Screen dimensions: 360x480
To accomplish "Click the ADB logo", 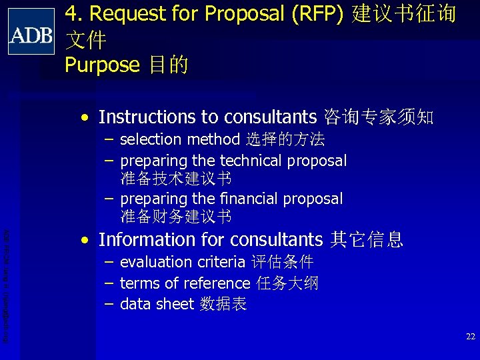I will pos(31,31).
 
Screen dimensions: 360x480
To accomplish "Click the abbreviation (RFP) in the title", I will pos(314,13).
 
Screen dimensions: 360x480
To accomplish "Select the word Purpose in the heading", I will pos(102,65).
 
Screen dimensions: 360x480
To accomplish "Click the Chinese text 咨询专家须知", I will pos(378,118).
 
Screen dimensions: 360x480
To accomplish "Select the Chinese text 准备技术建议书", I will pos(176,179).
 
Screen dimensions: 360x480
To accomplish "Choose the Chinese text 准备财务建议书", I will pos(176,217).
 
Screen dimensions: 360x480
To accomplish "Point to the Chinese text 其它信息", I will pos(367,239).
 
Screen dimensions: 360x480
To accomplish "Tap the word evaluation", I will pos(153,262).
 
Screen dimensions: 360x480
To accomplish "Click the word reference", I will pos(215,283).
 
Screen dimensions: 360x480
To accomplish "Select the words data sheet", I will pos(157,305).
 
